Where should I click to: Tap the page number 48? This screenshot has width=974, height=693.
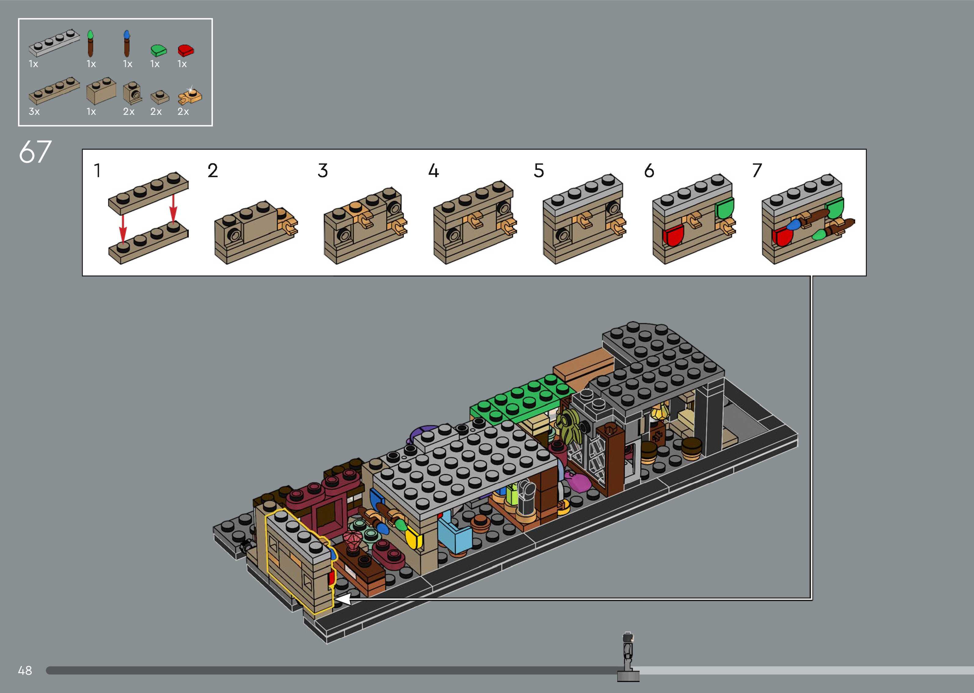(25, 670)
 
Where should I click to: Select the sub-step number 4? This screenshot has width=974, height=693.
(433, 171)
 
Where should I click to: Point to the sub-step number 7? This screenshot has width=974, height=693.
(757, 171)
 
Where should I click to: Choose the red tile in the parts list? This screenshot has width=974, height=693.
(186, 50)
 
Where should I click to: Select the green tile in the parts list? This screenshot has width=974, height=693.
(159, 50)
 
